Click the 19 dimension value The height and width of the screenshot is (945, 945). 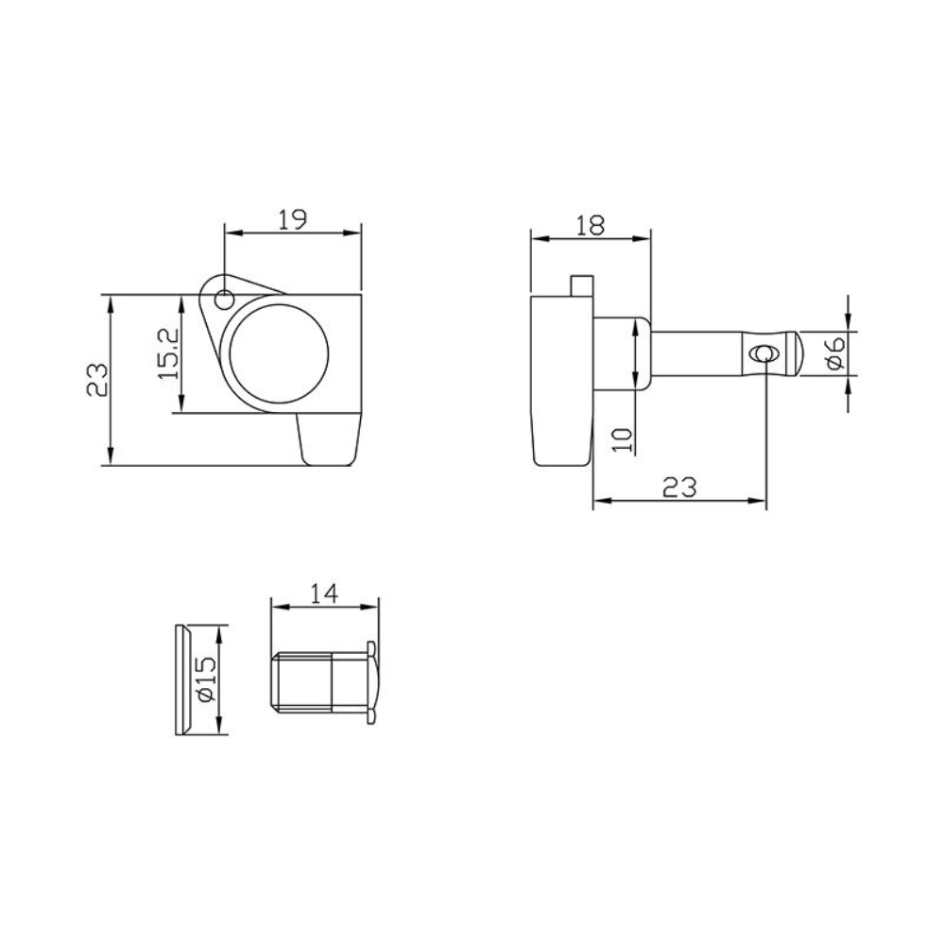pyautogui.click(x=293, y=219)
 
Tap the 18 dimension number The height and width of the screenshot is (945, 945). pyautogui.click(x=591, y=225)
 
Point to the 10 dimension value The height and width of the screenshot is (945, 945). pyautogui.click(x=621, y=438)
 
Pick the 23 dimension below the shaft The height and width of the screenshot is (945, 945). pyautogui.click(x=679, y=487)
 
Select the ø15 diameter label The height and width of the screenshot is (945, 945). pyautogui.click(x=207, y=679)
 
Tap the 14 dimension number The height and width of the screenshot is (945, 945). pyautogui.click(x=323, y=593)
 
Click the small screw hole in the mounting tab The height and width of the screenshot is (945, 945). pyautogui.click(x=224, y=300)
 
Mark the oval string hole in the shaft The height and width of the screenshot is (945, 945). pyautogui.click(x=764, y=353)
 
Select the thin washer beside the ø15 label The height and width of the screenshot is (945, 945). pyautogui.click(x=183, y=679)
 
